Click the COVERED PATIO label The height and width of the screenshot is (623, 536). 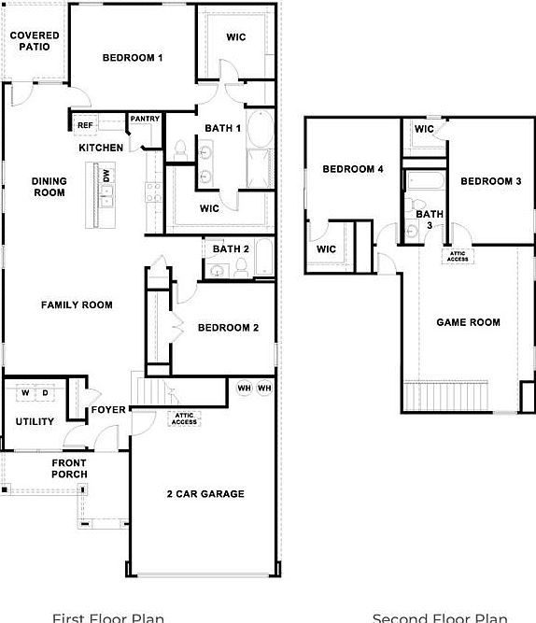coord(34,41)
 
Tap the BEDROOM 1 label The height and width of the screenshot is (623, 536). coord(133,58)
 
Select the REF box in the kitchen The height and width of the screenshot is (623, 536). coord(85,125)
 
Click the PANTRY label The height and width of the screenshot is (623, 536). coord(144,119)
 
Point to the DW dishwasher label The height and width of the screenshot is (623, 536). coord(107,176)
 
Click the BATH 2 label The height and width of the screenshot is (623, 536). coord(231,248)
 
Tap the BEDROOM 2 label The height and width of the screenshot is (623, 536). coord(228,328)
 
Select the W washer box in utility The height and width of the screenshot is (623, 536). coord(25,392)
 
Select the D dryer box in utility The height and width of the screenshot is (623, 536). coord(44,392)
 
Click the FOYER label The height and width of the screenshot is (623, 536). coord(108,410)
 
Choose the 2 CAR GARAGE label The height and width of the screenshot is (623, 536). coord(205,494)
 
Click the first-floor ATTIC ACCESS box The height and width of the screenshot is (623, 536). coord(185,419)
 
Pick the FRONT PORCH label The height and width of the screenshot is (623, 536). coord(69,469)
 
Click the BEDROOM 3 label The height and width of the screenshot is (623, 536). coord(490,181)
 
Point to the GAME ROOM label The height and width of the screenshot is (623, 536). coord(468,322)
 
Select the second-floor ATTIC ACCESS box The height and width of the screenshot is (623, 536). coord(458,256)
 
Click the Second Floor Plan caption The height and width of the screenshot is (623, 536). coord(440,617)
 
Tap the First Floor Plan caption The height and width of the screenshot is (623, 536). coord(107,617)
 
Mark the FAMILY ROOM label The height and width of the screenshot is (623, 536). coord(77,304)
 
